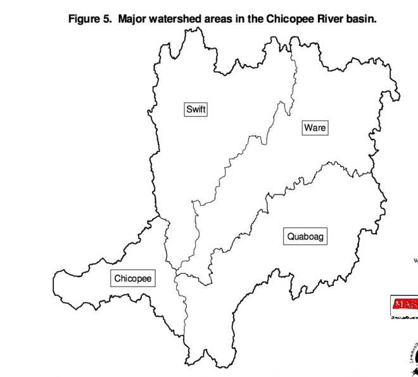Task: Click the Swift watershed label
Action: point(196,109)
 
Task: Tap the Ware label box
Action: point(314,127)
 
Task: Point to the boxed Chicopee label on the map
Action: point(134,278)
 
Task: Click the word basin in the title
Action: point(363,18)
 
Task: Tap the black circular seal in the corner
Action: point(413,358)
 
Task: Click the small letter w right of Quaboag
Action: point(415,259)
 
